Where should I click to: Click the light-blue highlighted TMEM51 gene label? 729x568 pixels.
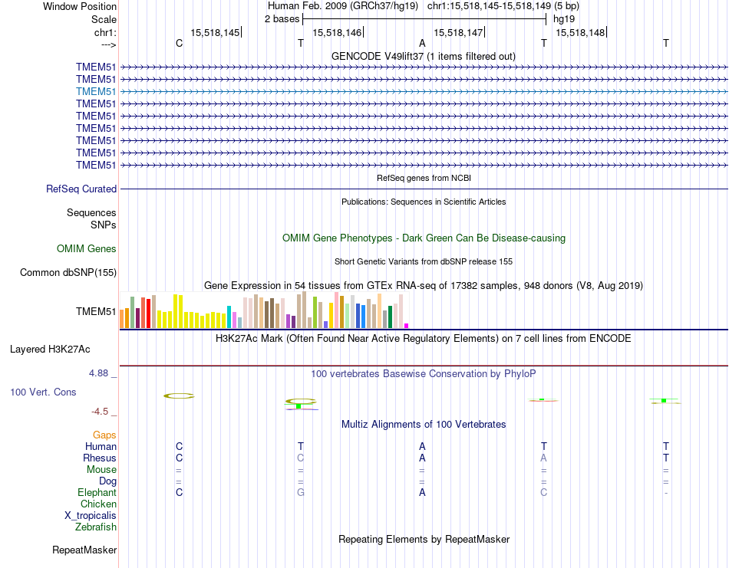tap(96, 91)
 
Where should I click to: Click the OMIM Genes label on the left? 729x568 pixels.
tap(87, 248)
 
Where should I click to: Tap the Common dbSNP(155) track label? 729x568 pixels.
tap(68, 272)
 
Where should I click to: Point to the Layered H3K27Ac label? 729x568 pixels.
tap(50, 349)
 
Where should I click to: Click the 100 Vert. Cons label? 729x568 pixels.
tap(44, 392)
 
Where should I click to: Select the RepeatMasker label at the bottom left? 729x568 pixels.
tap(84, 550)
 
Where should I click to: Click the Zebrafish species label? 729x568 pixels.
tap(96, 527)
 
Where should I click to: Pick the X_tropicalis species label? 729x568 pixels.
tap(91, 515)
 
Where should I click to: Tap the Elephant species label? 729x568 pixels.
tap(97, 492)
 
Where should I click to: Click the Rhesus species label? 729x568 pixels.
tap(100, 458)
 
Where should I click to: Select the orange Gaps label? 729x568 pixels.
tap(104, 435)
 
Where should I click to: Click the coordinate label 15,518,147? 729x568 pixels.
tap(458, 32)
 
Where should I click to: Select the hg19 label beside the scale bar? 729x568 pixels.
tap(564, 18)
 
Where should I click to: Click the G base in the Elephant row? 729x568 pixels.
tap(301, 492)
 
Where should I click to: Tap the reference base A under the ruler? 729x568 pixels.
tap(422, 43)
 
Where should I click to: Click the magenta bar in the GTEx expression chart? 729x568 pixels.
tap(407, 325)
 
